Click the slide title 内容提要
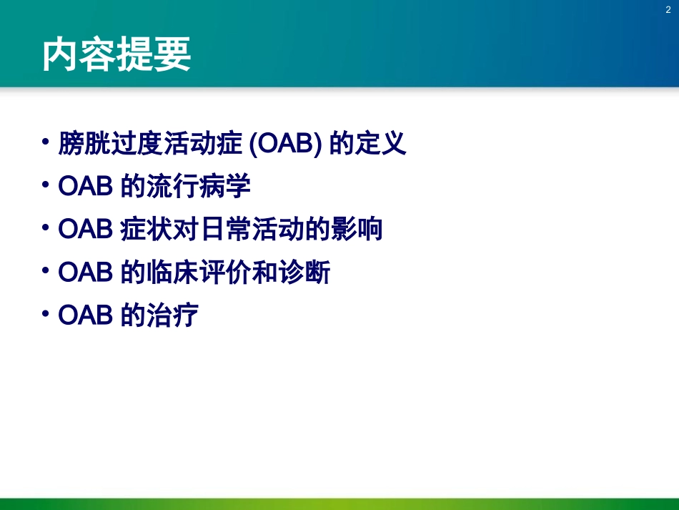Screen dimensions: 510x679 point(117,55)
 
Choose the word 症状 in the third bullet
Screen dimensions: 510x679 point(146,230)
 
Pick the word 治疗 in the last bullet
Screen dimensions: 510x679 point(172,315)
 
